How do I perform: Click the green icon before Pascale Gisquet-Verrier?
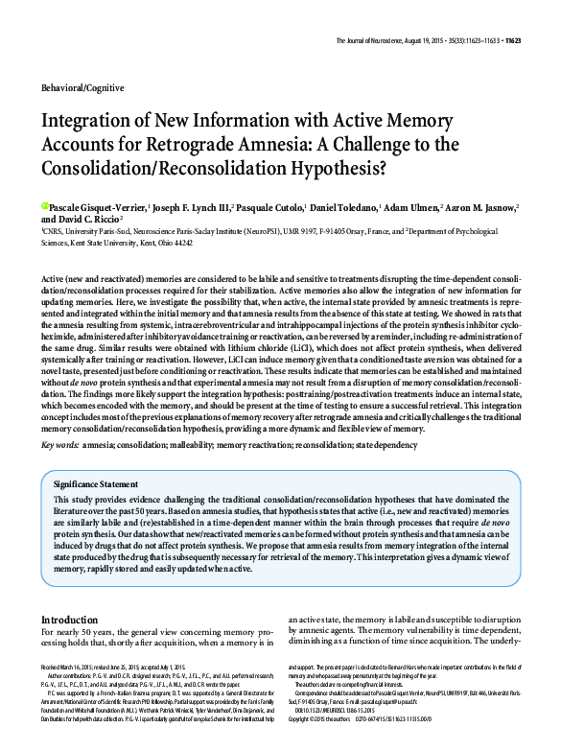pos(45,205)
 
